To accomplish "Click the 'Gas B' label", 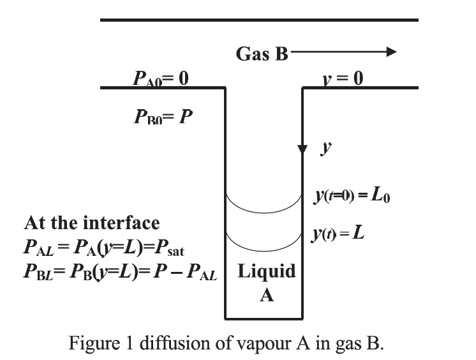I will pyautogui.click(x=262, y=54).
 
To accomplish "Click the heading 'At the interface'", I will pyautogui.click(x=92, y=223).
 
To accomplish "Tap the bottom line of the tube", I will pyautogui.click(x=264, y=317).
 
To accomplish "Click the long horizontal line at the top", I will pyautogui.click(x=259, y=20).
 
